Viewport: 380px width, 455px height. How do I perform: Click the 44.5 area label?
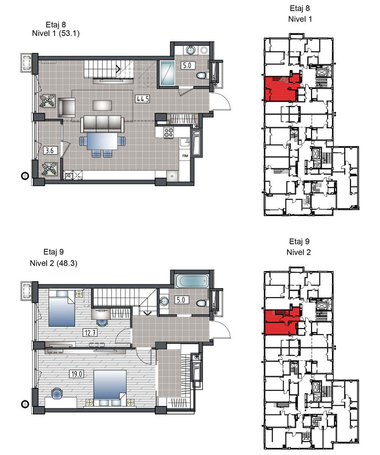click(142, 99)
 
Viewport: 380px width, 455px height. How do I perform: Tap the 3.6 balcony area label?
click(50, 151)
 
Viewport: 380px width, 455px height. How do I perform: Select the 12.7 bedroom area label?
click(90, 333)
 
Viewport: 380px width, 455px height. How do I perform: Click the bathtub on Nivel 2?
click(192, 281)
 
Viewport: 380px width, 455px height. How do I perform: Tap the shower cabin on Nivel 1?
click(167, 73)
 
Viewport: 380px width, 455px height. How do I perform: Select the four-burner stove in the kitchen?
click(169, 132)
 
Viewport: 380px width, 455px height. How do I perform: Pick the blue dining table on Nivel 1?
click(102, 141)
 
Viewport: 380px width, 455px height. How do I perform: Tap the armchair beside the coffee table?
click(67, 108)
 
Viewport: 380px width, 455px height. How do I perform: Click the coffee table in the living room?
click(102, 105)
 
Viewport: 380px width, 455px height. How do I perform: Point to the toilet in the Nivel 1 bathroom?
click(202, 75)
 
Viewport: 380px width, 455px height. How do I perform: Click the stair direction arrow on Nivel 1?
click(118, 69)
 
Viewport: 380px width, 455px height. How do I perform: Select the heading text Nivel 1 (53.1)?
click(56, 33)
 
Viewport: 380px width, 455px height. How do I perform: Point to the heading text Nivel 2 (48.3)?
click(53, 263)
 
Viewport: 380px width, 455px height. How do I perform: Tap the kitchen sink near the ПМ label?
click(185, 142)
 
